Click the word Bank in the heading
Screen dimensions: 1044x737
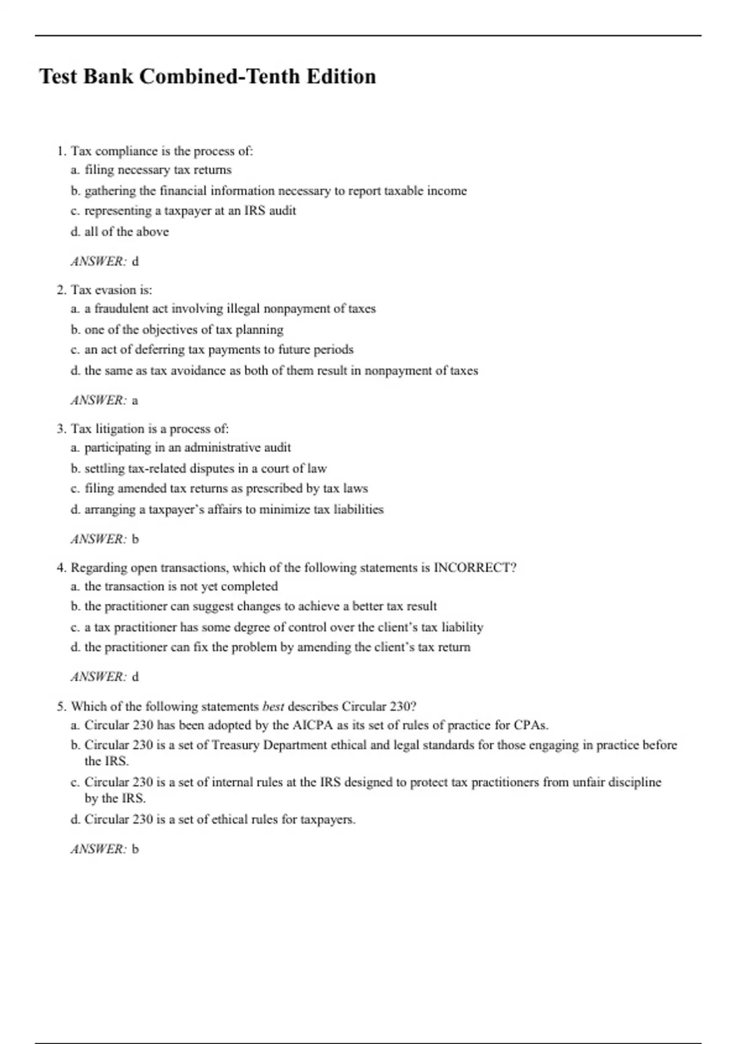click(x=107, y=77)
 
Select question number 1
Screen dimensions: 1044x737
click(x=61, y=151)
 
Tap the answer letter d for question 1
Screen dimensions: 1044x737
click(x=136, y=262)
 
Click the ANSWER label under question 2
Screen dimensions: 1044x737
click(x=98, y=400)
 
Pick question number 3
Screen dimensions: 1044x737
click(x=61, y=429)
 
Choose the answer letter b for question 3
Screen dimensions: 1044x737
click(x=136, y=539)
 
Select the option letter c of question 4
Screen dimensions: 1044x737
click(x=75, y=627)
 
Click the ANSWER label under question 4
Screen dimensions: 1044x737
click(x=98, y=677)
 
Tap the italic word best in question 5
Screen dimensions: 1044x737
click(x=273, y=706)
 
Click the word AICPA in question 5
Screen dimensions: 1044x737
click(x=313, y=725)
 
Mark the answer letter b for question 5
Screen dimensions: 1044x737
click(x=136, y=849)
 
